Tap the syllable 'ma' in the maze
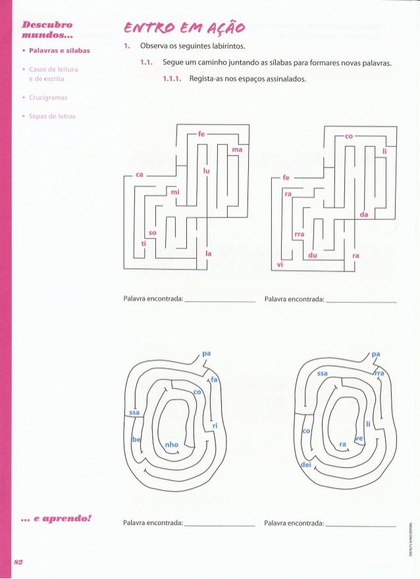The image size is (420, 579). pyautogui.click(x=237, y=150)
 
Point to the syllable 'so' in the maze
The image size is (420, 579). pyautogui.click(x=153, y=233)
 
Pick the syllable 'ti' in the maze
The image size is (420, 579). pyautogui.click(x=144, y=243)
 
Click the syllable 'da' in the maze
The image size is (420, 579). pyautogui.click(x=363, y=214)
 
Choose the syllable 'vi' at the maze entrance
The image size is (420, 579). pyautogui.click(x=280, y=264)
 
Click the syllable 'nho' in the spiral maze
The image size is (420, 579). pyautogui.click(x=172, y=445)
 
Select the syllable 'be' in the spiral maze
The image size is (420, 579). pyautogui.click(x=136, y=439)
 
